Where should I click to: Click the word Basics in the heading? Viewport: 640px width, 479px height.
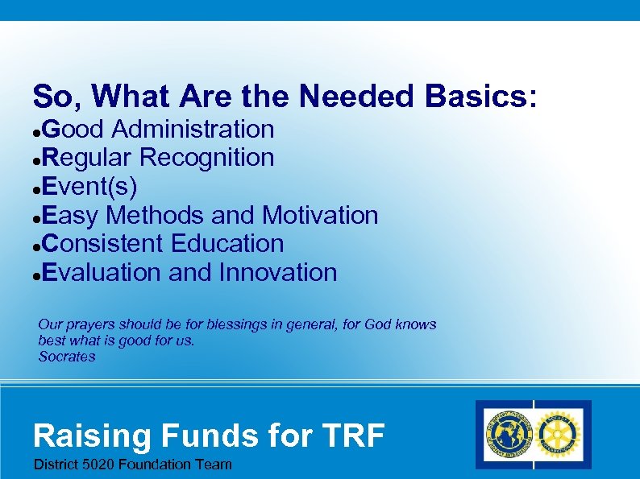point(480,97)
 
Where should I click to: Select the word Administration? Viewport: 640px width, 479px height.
point(193,129)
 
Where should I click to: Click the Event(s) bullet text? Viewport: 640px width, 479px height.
point(89,187)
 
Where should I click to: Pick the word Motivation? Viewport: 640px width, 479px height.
point(320,215)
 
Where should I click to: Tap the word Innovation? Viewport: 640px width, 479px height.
point(277,272)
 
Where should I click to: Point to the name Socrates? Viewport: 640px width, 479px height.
point(67,357)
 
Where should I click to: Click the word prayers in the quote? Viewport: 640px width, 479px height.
point(89,324)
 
